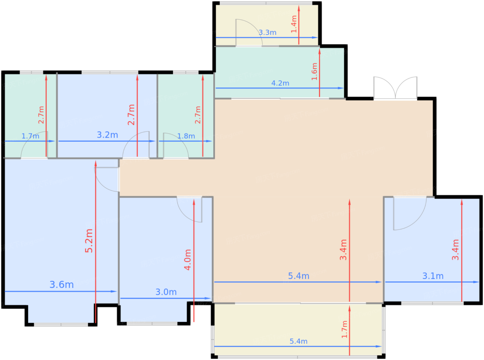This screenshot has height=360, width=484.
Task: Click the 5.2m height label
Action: coord(89,241)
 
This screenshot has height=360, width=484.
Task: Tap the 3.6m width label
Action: coord(62,285)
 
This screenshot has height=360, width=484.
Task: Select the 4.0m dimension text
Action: coord(188,260)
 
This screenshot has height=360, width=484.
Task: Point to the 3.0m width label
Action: coord(166,292)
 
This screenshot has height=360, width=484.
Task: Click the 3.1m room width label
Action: coord(433,276)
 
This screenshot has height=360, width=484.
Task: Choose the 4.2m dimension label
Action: coord(280,83)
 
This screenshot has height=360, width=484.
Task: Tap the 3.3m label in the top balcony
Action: coord(268,33)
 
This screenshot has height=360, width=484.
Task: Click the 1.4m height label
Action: coord(294,24)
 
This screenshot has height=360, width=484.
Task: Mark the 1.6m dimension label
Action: coord(314,72)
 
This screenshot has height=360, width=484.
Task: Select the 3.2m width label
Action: coord(108,135)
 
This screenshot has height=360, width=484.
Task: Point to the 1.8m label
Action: coord(186,136)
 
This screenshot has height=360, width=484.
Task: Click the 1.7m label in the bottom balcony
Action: coord(344,330)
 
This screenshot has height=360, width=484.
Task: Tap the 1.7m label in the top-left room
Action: coord(30,136)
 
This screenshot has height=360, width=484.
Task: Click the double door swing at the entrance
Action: coord(395,88)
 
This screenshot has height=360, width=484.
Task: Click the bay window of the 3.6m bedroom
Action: coord(61,325)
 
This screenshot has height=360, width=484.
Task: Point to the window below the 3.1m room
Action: coord(432,303)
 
